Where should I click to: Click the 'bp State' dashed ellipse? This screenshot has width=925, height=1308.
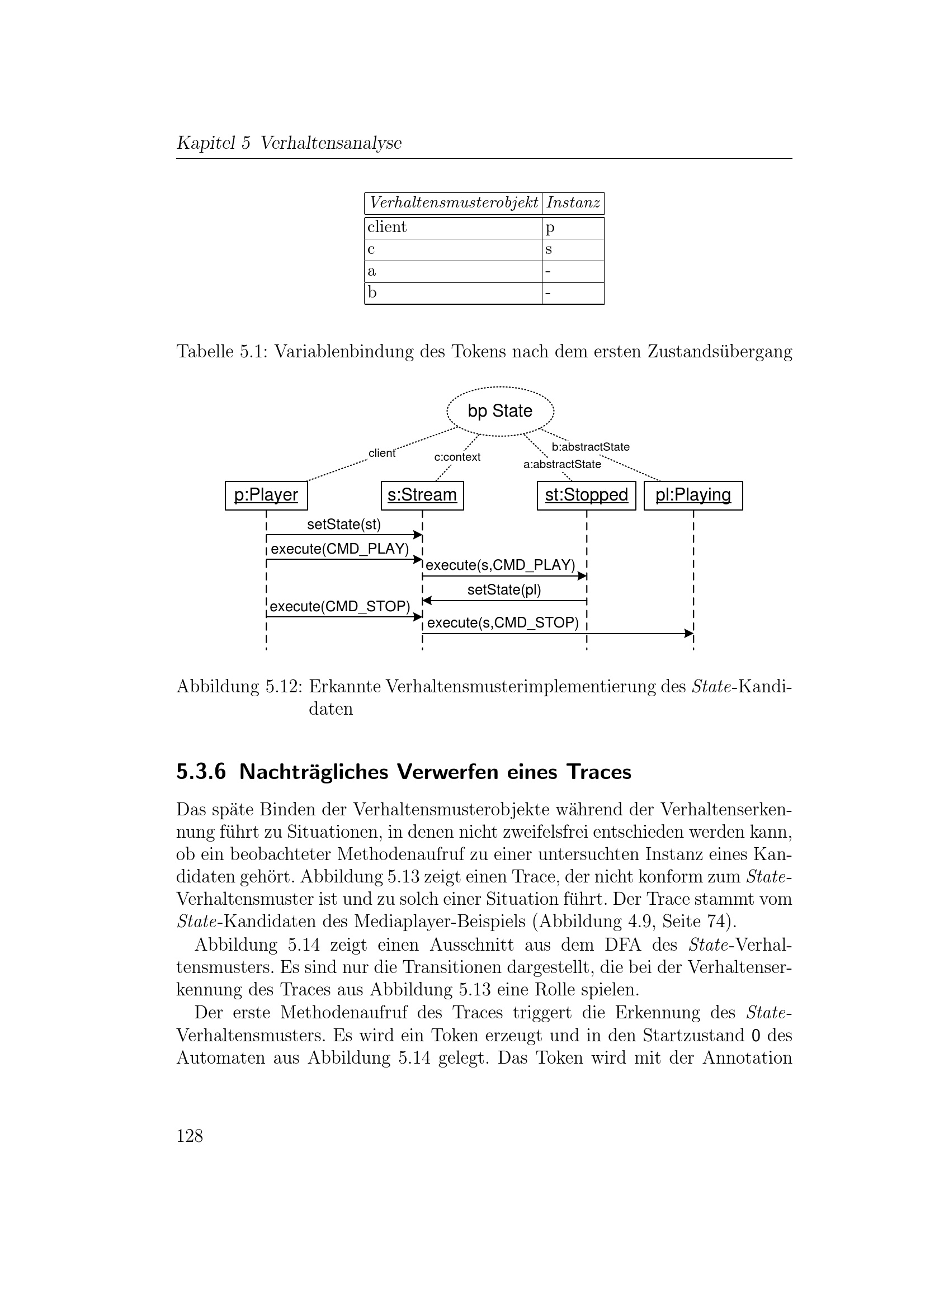[500, 411]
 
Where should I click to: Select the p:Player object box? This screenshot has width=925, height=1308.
[266, 495]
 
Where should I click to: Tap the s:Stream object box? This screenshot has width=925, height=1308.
[422, 495]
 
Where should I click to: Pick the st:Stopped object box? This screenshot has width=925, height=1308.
[586, 495]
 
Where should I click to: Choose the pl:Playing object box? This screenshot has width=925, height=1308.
[693, 495]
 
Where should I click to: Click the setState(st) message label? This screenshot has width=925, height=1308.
[344, 524]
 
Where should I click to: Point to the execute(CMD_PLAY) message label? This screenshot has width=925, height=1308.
[339, 549]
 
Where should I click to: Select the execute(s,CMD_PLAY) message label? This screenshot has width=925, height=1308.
[500, 565]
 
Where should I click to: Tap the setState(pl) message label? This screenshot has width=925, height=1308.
[504, 589]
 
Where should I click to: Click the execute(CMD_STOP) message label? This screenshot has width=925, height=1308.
[339, 606]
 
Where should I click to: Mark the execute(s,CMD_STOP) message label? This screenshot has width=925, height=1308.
[502, 622]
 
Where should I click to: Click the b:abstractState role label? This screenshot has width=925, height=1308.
[591, 447]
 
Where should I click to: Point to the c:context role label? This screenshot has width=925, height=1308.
[457, 457]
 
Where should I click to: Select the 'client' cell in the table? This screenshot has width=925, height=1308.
[388, 227]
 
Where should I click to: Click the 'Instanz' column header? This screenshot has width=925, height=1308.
[573, 203]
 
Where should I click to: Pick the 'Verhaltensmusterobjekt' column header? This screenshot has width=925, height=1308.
[454, 203]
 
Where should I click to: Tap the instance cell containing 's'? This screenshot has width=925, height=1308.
[549, 249]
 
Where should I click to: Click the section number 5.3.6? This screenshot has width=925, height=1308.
[201, 772]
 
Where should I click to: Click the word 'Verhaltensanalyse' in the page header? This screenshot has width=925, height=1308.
[331, 143]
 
